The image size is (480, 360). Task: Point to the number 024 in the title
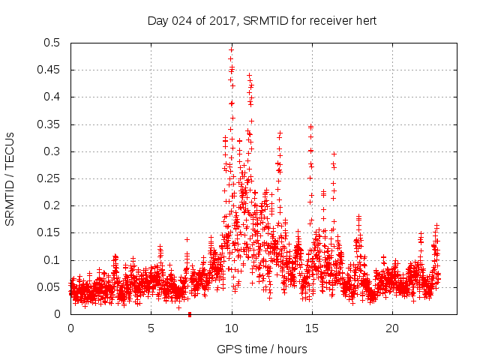click(x=184, y=21)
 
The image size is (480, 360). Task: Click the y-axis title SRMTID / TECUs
click(x=10, y=178)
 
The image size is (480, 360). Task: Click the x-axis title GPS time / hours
click(x=262, y=349)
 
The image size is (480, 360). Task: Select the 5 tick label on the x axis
click(x=151, y=328)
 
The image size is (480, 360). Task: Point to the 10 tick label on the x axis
click(x=232, y=328)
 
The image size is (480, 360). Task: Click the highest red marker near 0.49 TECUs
click(x=231, y=50)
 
